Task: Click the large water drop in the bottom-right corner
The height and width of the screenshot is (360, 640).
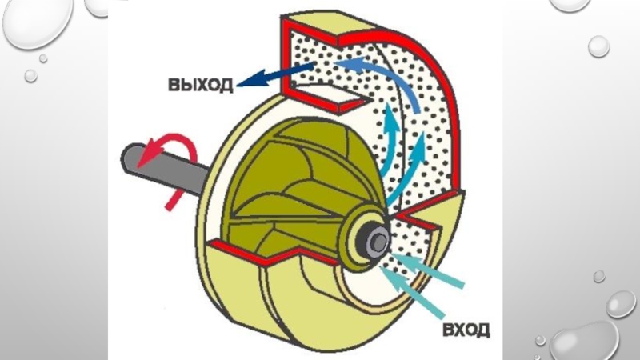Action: [x=588, y=340]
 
